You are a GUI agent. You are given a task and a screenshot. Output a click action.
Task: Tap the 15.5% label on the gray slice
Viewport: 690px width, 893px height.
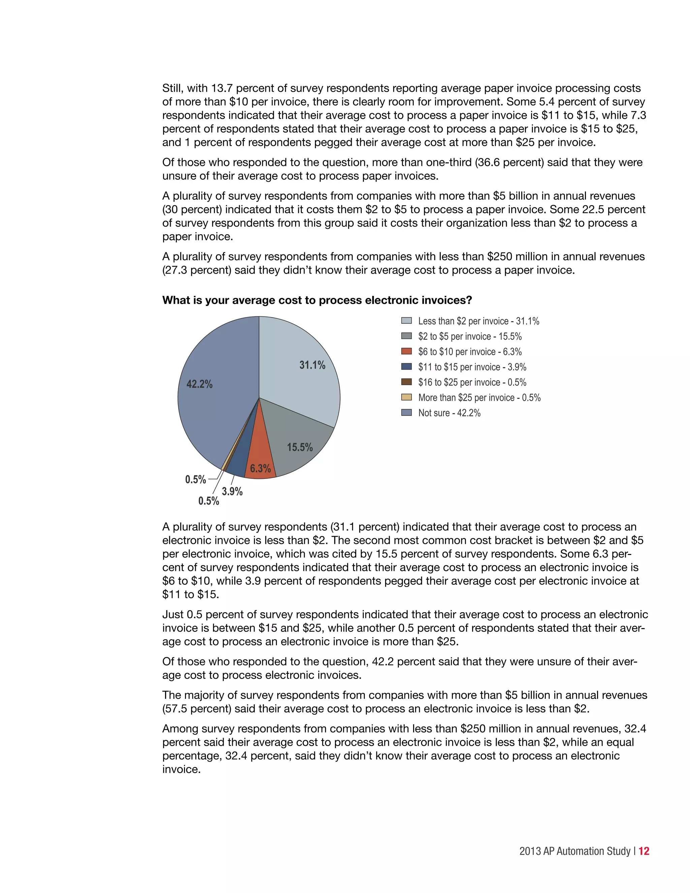(300, 447)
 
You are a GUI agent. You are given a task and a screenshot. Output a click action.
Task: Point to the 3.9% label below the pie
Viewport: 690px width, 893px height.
(232, 491)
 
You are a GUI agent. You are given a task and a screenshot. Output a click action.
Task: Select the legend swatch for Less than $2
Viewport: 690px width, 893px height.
(406, 320)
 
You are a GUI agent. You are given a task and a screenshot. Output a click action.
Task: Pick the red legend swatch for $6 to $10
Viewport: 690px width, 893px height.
(406, 351)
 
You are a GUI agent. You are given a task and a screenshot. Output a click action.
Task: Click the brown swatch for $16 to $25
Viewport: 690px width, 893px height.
(406, 382)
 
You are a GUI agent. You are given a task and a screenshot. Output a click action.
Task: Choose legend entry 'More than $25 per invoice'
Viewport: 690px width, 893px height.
(479, 397)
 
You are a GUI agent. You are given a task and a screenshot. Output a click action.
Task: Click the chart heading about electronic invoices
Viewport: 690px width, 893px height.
(317, 300)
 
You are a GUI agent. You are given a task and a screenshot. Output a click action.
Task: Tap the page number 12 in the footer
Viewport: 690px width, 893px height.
(644, 851)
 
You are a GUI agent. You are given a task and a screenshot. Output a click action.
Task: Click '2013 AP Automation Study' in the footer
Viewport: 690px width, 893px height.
(575, 851)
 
